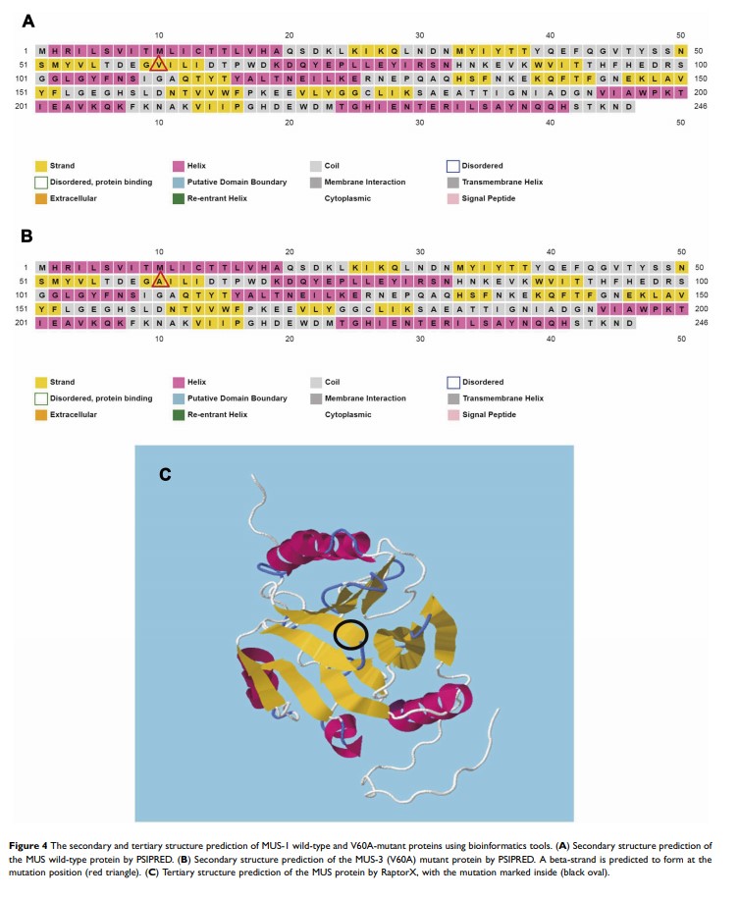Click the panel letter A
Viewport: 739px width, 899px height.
click(27, 20)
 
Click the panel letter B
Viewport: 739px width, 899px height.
click(27, 237)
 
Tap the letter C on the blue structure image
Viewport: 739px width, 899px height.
click(166, 475)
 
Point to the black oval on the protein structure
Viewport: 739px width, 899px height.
click(350, 635)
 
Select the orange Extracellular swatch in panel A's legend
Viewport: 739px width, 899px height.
click(41, 197)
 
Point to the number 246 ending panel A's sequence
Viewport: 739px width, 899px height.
click(699, 106)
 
